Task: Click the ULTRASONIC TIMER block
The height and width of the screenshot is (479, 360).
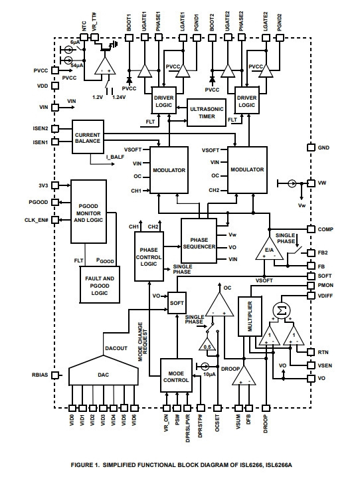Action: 207,112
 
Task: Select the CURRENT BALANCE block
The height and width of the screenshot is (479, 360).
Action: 88,137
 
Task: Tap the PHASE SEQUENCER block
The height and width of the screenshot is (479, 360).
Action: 199,240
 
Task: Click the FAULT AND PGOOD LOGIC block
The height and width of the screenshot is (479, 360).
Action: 100,284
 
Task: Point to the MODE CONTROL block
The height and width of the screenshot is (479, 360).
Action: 176,375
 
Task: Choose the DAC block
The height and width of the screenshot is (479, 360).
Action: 103,371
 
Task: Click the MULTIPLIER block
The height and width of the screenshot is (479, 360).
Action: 250,316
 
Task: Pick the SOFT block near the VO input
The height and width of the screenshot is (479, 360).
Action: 177,303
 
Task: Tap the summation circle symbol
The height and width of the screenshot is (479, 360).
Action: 281,311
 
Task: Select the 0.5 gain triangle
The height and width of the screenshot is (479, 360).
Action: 207,345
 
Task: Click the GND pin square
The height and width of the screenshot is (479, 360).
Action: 311,147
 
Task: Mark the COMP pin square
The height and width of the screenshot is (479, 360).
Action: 311,229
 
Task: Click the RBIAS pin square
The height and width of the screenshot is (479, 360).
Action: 54,375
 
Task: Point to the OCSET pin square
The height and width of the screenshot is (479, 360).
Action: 217,408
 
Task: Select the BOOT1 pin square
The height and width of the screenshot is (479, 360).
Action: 129,38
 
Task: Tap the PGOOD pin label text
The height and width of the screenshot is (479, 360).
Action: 39,202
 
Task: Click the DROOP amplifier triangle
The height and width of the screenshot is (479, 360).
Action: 244,376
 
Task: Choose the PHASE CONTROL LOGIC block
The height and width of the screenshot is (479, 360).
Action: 149,256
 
